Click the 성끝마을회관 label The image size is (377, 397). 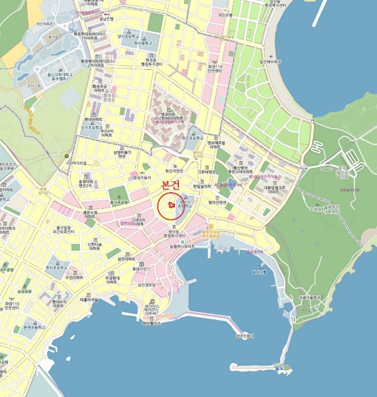[309, 297]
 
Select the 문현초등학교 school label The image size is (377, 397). [35, 328]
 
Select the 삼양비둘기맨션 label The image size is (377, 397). [122, 154]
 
